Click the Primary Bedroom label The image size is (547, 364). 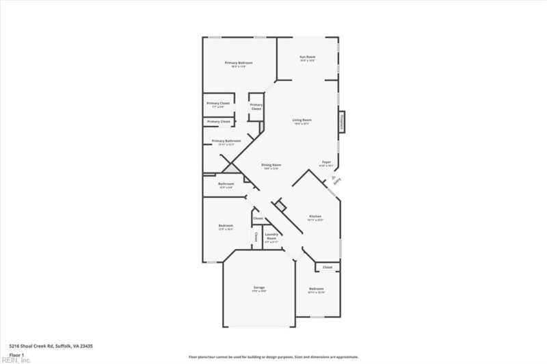click(239, 63)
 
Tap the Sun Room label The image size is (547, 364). click(307, 56)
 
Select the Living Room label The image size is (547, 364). click(302, 120)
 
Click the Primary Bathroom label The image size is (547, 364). click(226, 141)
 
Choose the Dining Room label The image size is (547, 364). click(271, 165)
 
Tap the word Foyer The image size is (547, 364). click(326, 162)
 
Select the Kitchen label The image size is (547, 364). click(315, 216)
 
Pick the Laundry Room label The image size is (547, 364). click(271, 237)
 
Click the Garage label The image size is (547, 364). click(260, 287)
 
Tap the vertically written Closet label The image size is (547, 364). click(256, 237)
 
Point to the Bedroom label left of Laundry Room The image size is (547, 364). click(226, 226)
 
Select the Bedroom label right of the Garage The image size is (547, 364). click(315, 289)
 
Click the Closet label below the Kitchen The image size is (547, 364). click(328, 268)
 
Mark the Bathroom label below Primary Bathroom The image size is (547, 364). click(226, 184)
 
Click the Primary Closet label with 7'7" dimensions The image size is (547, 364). click(219, 103)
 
